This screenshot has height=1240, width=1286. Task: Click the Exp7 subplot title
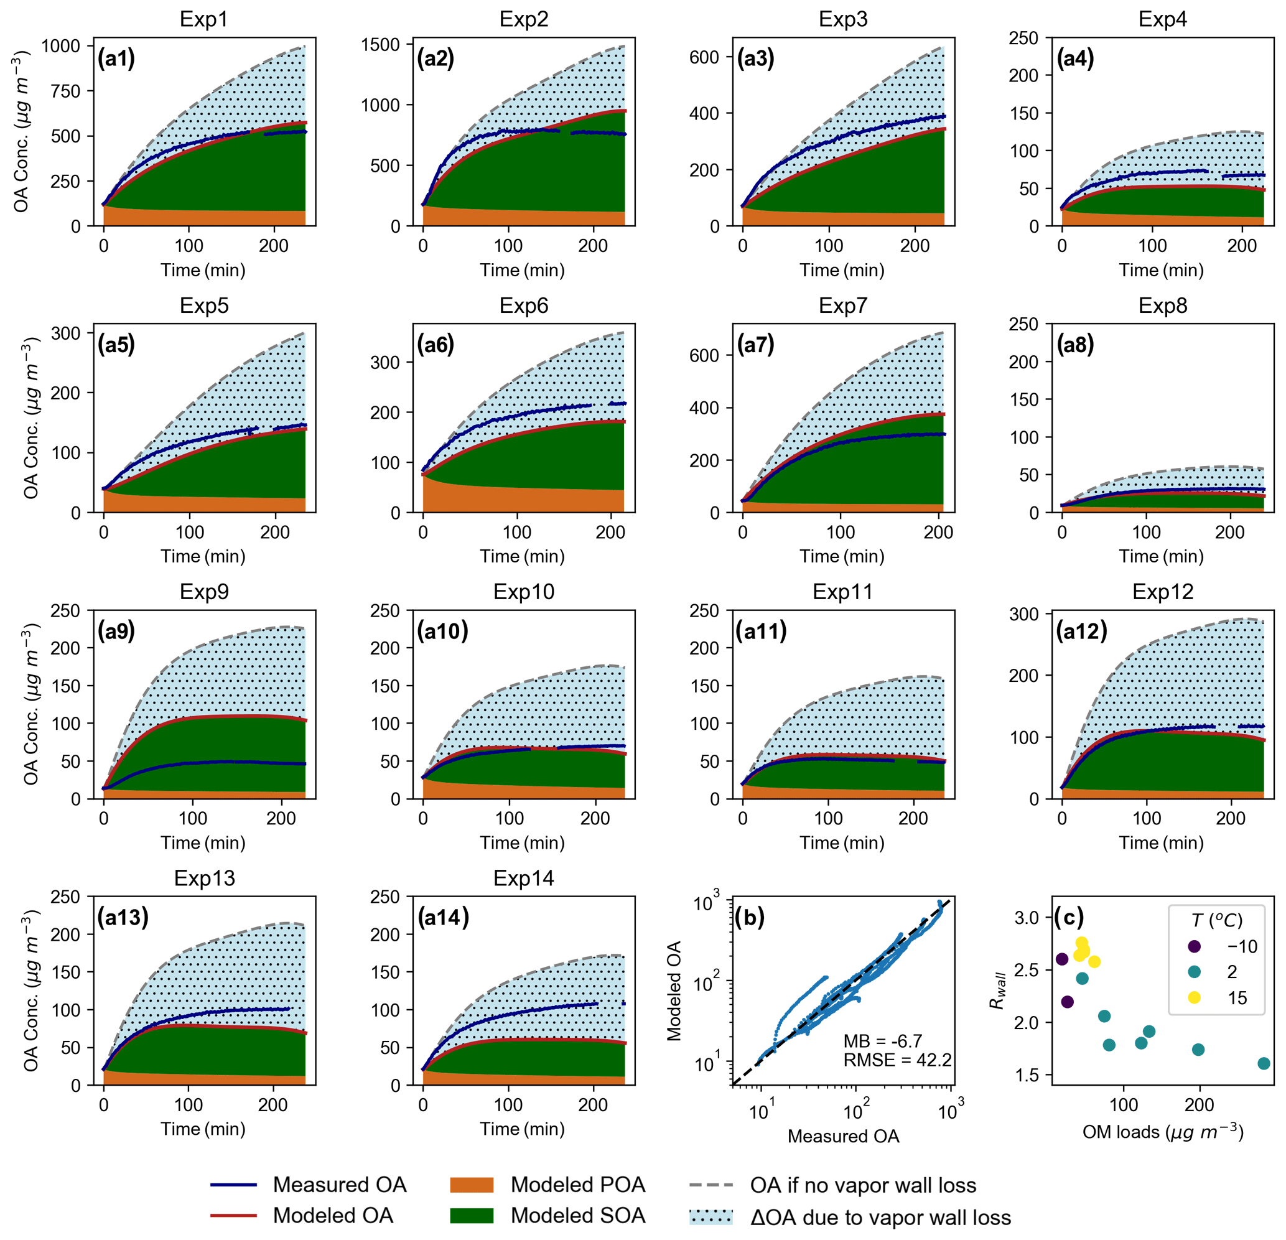click(842, 305)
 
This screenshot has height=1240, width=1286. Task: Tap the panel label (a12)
click(1081, 631)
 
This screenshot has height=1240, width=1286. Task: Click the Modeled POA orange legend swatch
click(471, 1185)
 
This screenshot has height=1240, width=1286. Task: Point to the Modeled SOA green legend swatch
click(471, 1216)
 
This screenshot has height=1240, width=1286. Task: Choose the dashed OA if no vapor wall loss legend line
click(711, 1185)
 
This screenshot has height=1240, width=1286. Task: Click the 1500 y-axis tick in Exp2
click(381, 45)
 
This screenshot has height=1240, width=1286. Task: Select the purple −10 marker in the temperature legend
click(1194, 946)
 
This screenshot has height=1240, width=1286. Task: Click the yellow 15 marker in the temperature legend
click(1194, 997)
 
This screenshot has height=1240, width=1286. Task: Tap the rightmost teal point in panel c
click(1264, 1063)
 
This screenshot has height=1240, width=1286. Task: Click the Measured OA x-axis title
click(842, 1136)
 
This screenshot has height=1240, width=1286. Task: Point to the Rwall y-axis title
click(998, 991)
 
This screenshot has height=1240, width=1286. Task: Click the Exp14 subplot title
click(524, 878)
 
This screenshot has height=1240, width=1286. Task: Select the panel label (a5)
click(116, 345)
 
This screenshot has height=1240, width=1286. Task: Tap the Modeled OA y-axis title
click(674, 991)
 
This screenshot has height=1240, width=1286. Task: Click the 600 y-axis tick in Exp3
click(704, 57)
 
